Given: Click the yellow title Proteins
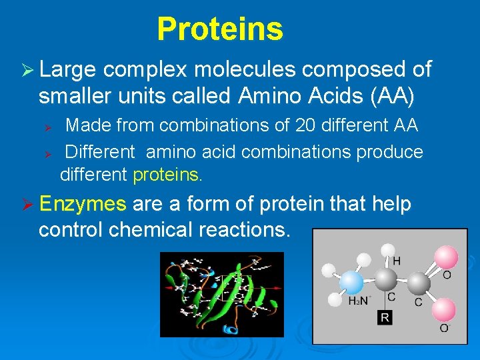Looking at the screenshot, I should tap(220, 29).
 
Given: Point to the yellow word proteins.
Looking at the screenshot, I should tap(167, 175).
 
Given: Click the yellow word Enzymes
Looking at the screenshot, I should tap(83, 203).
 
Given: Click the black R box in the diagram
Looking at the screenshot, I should tap(385, 317).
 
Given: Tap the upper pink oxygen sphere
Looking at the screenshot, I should tap(445, 257).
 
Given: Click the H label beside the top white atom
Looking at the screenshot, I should tap(397, 261).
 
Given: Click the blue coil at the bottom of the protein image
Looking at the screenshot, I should tap(231, 329).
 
